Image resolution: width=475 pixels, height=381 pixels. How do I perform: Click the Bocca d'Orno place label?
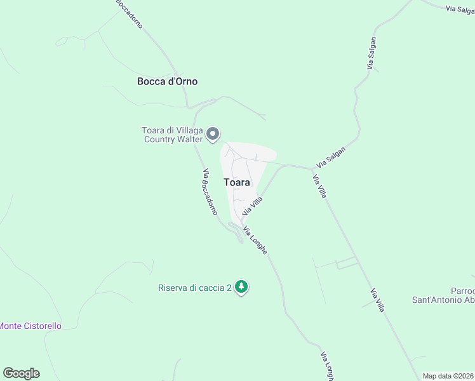click(168, 81)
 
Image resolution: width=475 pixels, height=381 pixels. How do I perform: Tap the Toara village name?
click(237, 182)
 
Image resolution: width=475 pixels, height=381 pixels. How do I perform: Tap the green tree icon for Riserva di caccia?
click(241, 287)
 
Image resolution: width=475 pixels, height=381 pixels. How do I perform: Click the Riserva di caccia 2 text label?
click(194, 288)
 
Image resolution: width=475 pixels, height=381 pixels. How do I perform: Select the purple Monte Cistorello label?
click(30, 326)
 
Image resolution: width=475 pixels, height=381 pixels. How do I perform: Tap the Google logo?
click(21, 373)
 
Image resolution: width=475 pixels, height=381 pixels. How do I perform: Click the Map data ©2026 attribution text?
click(448, 376)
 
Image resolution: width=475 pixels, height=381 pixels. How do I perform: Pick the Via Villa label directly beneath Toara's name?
click(252, 205)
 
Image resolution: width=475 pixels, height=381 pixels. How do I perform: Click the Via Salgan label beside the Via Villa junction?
click(331, 157)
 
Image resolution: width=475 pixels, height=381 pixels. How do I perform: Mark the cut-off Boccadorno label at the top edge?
click(129, 11)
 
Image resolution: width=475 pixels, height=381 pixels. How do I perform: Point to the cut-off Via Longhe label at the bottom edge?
click(326, 366)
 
